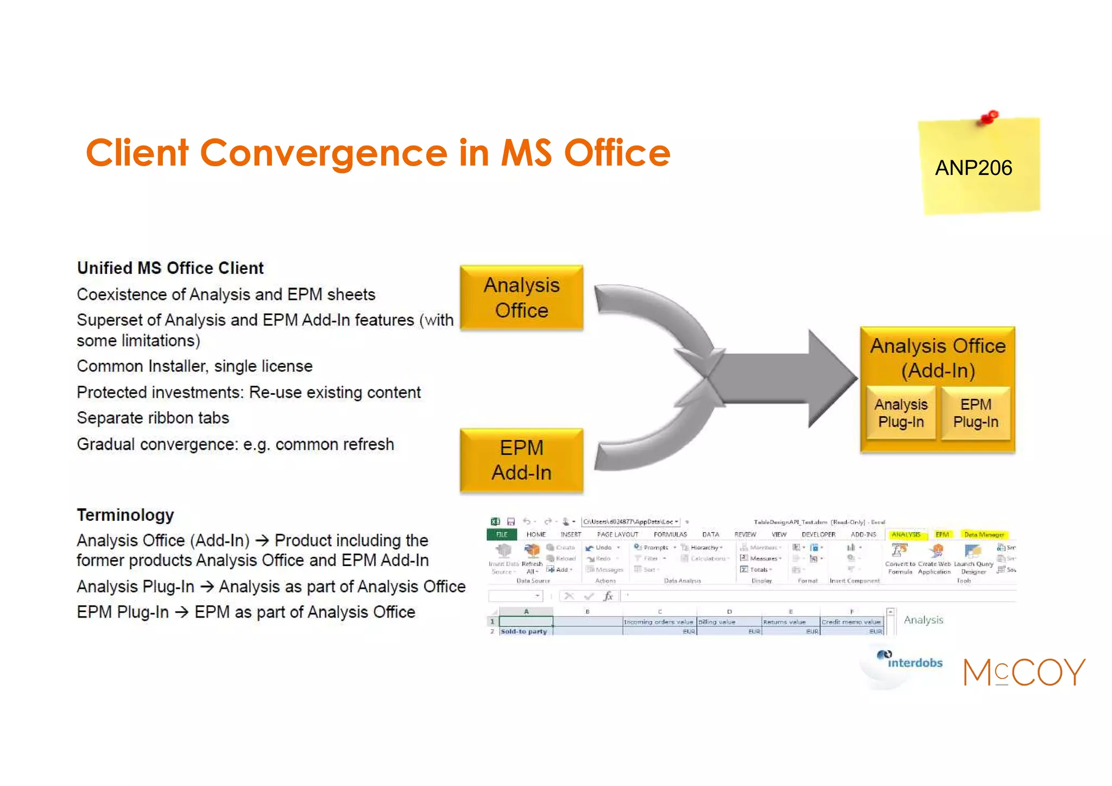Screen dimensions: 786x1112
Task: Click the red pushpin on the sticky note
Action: tap(989, 117)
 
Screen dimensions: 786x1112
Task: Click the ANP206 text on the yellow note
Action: tap(973, 168)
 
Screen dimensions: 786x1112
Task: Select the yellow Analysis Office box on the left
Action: tap(521, 298)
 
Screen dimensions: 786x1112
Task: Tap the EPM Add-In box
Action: tap(521, 460)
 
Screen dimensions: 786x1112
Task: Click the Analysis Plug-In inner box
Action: tap(901, 413)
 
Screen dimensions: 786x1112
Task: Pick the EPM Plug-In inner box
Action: tap(976, 413)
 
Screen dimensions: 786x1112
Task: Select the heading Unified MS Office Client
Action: tap(170, 268)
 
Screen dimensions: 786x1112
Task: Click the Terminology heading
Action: tap(125, 514)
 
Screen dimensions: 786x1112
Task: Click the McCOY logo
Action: tap(1023, 672)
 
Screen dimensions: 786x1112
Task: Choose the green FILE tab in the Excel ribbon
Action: tap(502, 535)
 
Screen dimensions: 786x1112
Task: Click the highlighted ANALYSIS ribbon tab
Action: tap(906, 535)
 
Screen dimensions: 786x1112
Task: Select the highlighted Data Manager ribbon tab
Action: tap(984, 535)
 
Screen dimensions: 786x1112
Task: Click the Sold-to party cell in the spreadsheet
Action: tap(524, 631)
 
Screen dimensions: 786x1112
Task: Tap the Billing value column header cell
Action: tap(729, 622)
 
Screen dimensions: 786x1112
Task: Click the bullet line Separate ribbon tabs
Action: tap(153, 418)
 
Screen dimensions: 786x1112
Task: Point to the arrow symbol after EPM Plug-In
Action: tap(181, 612)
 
